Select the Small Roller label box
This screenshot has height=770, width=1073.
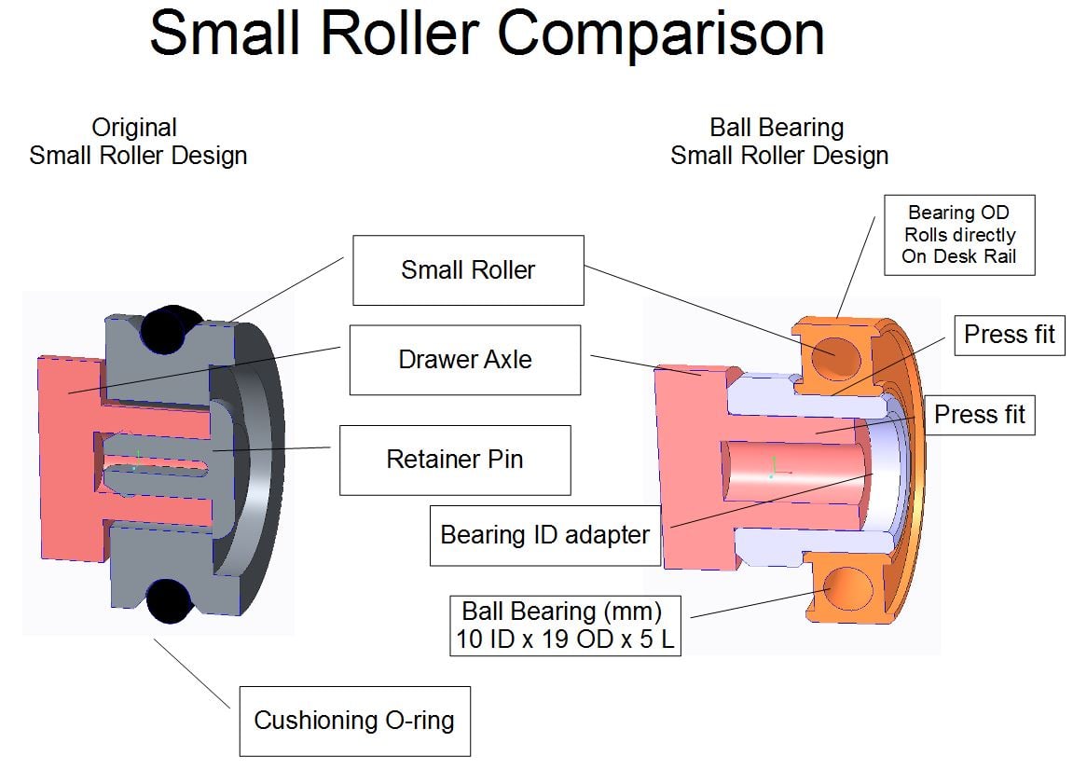pos(468,270)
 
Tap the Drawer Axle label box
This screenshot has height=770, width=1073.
pos(465,360)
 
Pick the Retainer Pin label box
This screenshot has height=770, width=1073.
pos(454,460)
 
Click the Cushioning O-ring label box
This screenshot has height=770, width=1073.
pos(354,721)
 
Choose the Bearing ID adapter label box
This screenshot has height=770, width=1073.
pos(544,535)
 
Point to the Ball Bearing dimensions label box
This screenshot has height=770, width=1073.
pos(564,626)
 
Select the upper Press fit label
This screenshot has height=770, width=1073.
pos(1009,335)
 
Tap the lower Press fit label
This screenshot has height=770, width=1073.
pos(979,415)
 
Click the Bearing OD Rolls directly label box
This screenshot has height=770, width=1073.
pos(959,235)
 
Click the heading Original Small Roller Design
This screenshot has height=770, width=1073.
pos(138,142)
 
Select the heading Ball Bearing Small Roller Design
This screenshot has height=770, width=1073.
pos(778,142)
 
